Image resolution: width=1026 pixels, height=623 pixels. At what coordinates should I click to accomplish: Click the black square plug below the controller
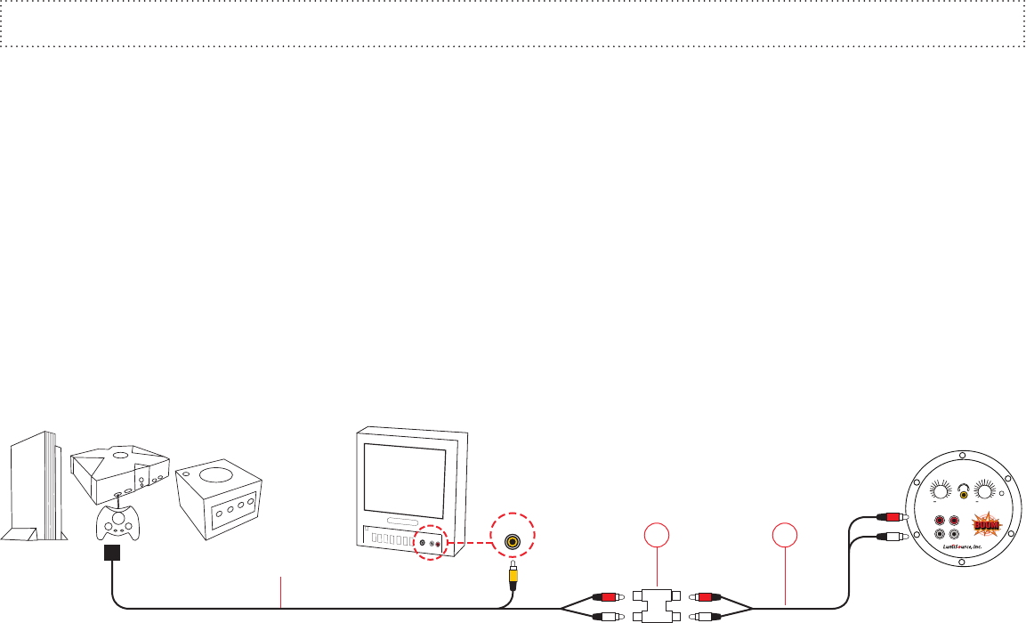[112, 554]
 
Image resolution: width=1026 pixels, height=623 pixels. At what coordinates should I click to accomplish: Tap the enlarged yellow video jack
[513, 540]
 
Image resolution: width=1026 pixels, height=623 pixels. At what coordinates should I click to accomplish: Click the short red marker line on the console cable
[281, 592]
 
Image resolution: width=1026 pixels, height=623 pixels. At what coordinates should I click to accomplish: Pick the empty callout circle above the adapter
[656, 537]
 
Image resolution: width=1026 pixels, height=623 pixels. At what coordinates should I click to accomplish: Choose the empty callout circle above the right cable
[785, 537]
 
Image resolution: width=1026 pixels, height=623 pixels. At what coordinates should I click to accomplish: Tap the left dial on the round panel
[940, 490]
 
